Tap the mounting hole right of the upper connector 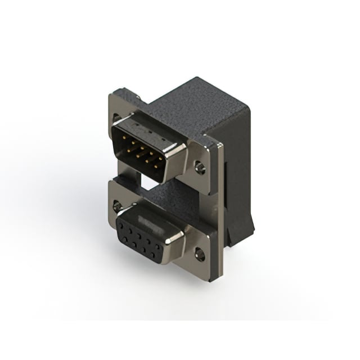200,167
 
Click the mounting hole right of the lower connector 199,255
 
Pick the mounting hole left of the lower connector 117,206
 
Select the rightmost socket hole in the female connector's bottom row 158,251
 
